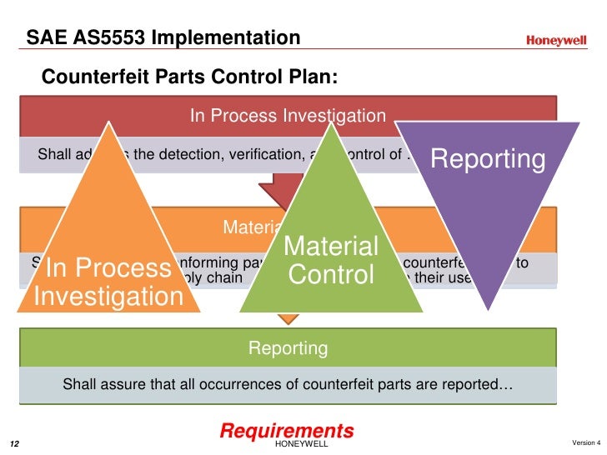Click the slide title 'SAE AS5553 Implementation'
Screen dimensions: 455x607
(163, 38)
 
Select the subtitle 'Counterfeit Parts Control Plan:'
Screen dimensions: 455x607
(190, 77)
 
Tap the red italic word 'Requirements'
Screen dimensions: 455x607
(287, 431)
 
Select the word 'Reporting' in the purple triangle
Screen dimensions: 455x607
(488, 159)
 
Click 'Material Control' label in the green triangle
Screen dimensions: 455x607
(332, 260)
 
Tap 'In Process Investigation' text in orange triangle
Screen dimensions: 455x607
(108, 282)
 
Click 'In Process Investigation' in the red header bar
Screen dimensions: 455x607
(288, 116)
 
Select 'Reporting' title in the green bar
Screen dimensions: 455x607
(288, 347)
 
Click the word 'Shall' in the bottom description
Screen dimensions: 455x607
(80, 385)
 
